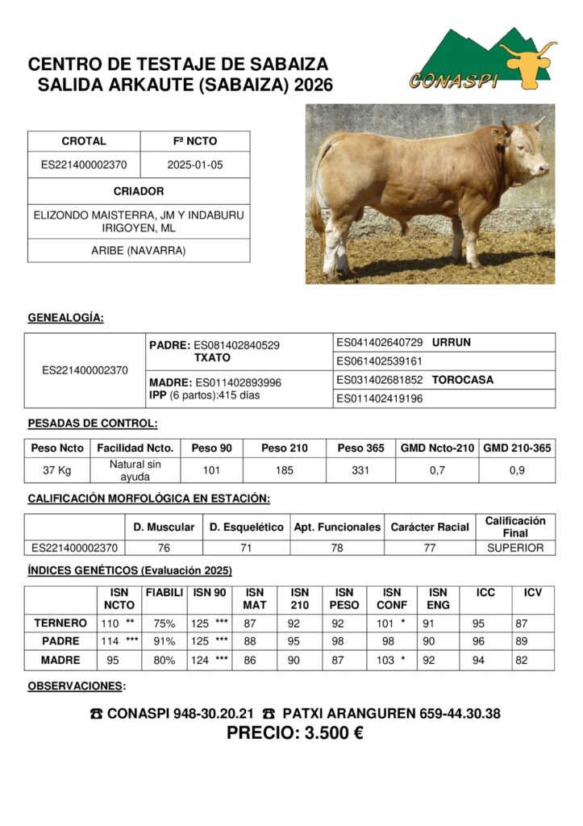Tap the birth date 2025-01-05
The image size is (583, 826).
pyautogui.click(x=194, y=165)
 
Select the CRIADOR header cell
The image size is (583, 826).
pyautogui.click(x=139, y=191)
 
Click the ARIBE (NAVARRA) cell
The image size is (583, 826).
pyautogui.click(x=139, y=251)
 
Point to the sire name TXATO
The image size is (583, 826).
pyautogui.click(x=213, y=357)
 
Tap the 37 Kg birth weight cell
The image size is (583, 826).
pyautogui.click(x=57, y=470)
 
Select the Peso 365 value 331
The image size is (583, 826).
pyautogui.click(x=361, y=470)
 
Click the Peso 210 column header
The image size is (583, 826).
pyautogui.click(x=285, y=448)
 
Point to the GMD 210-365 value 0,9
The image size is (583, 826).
pyautogui.click(x=517, y=470)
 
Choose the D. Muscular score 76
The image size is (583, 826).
pyautogui.click(x=164, y=549)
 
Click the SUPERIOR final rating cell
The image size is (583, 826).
pyautogui.click(x=515, y=549)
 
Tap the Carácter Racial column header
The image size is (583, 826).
pyautogui.click(x=430, y=528)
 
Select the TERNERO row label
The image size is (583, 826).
pyautogui.click(x=60, y=624)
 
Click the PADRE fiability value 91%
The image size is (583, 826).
pyautogui.click(x=164, y=642)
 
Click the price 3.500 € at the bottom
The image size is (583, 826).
pyautogui.click(x=295, y=734)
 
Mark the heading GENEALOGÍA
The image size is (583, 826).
pyautogui.click(x=65, y=318)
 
